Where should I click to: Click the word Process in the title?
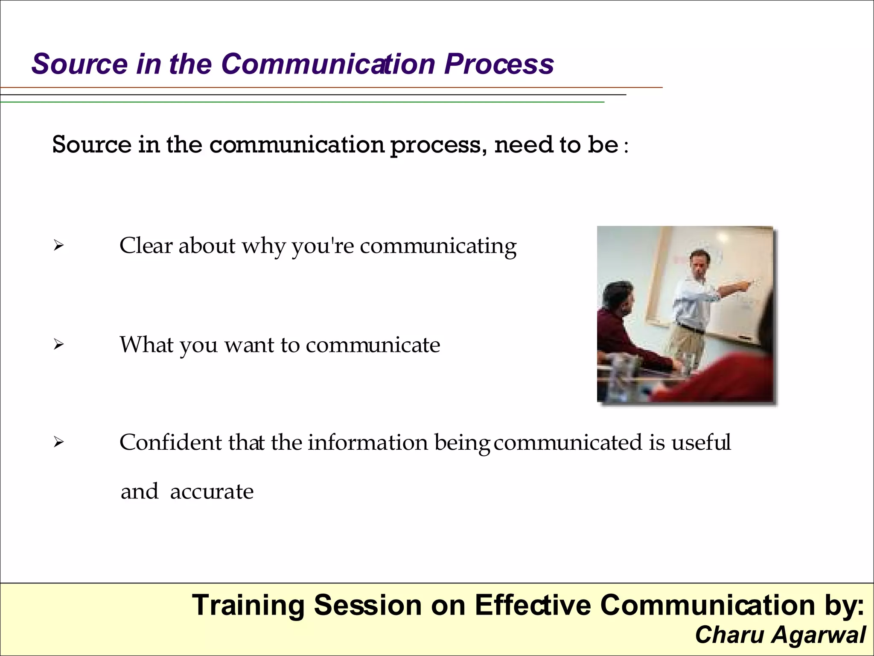(x=498, y=64)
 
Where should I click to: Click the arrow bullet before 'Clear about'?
(x=58, y=246)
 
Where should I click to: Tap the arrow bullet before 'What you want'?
(x=58, y=344)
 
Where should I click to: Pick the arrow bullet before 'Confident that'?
(x=58, y=442)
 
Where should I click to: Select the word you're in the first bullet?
(x=323, y=246)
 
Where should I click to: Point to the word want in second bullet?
(x=250, y=345)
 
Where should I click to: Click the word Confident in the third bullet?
(x=170, y=442)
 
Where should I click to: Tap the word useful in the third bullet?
(x=701, y=442)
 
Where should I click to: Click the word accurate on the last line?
(x=212, y=492)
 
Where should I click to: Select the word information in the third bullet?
(x=367, y=442)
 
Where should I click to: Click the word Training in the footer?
(x=248, y=606)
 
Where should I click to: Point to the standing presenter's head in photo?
(x=700, y=264)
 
